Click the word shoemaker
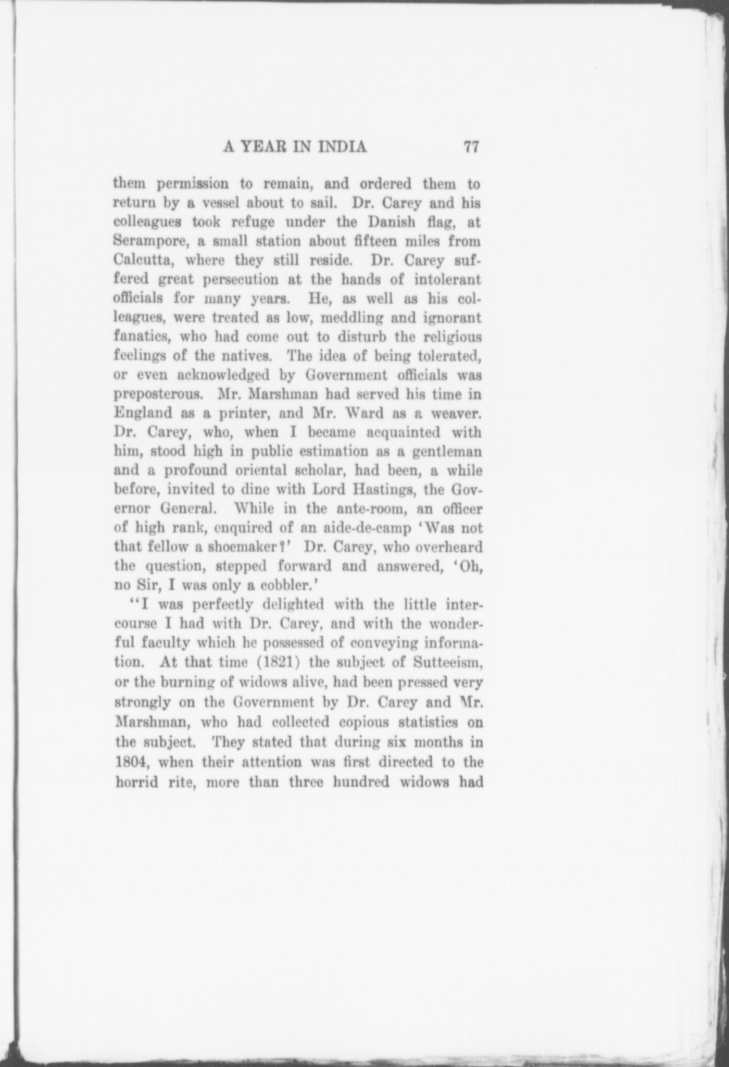pyautogui.click(x=245, y=547)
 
